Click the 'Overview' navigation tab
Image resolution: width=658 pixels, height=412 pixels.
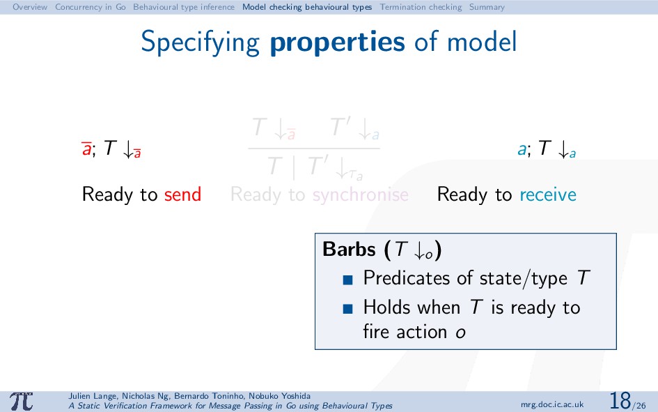click(30, 7)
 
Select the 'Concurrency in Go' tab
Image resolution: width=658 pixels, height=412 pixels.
click(91, 7)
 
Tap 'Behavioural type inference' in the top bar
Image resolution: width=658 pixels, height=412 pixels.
click(184, 7)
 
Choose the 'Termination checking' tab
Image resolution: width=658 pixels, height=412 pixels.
click(421, 7)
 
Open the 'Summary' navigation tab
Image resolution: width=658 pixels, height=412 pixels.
click(487, 7)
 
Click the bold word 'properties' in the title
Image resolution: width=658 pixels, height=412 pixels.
click(338, 43)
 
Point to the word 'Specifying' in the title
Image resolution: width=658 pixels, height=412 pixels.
click(200, 43)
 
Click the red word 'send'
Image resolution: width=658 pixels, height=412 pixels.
click(182, 194)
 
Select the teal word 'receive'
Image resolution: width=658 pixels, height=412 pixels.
click(548, 195)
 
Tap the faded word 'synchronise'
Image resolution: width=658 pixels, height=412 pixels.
click(361, 195)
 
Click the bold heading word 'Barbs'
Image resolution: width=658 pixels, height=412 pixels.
click(349, 249)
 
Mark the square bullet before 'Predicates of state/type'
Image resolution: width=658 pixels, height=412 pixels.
click(347, 280)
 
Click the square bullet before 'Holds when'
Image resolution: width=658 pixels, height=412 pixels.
click(347, 309)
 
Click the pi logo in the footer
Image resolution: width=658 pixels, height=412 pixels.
click(22, 402)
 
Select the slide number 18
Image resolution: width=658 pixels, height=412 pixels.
click(620, 401)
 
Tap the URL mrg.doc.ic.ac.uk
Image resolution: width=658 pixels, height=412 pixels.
click(552, 404)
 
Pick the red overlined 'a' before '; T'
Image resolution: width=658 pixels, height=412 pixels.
click(86, 148)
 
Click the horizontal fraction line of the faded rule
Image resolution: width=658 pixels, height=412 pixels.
click(314, 148)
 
